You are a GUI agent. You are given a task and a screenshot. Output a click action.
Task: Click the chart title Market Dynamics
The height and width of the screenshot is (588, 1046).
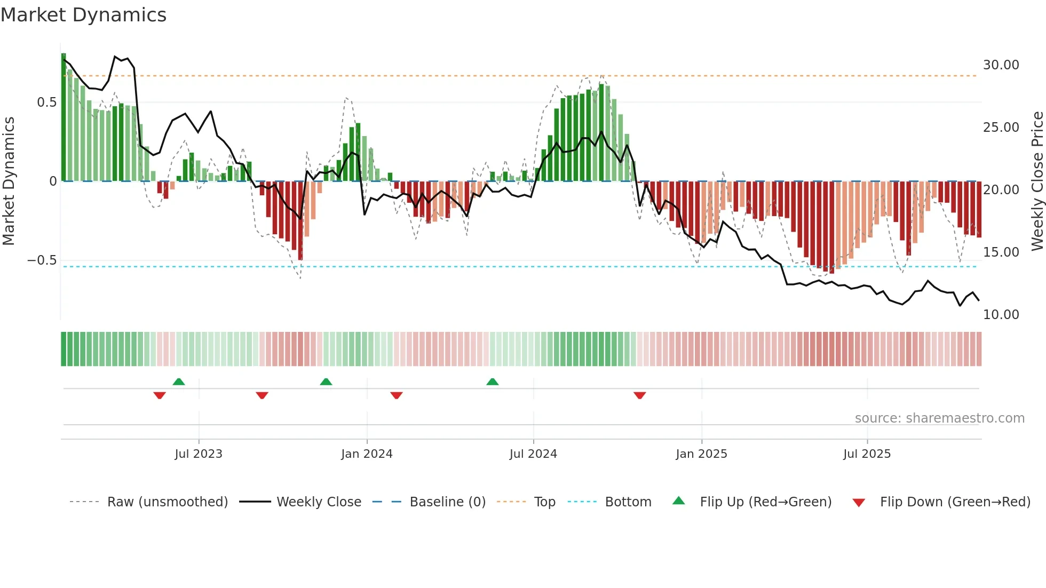click(x=83, y=15)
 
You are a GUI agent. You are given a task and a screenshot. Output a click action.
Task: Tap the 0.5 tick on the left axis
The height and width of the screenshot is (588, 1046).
click(x=46, y=102)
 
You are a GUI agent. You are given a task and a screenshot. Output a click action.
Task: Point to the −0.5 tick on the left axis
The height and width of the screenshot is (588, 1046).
click(x=42, y=260)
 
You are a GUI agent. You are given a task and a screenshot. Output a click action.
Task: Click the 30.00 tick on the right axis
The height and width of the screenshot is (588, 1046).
click(x=1001, y=65)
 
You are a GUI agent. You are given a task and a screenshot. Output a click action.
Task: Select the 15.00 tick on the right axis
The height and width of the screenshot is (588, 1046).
click(x=1001, y=252)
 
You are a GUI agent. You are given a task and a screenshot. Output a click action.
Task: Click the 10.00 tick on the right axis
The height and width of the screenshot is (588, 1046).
click(x=1001, y=315)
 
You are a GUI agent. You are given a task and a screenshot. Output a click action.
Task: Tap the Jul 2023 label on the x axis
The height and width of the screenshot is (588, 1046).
click(x=199, y=454)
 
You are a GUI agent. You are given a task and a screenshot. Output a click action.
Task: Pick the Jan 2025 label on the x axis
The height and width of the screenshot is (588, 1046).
click(x=701, y=454)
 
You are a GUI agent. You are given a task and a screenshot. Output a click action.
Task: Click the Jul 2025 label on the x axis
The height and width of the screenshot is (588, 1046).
click(x=867, y=454)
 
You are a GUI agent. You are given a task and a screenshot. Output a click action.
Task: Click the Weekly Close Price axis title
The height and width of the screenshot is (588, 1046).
click(x=1037, y=181)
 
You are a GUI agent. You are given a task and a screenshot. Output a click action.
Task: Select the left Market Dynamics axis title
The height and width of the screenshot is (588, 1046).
click(x=9, y=181)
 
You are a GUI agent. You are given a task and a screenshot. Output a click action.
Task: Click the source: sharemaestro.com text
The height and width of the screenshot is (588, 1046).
click(x=939, y=418)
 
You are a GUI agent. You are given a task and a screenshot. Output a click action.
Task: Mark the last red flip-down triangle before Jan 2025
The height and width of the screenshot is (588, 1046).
click(x=640, y=395)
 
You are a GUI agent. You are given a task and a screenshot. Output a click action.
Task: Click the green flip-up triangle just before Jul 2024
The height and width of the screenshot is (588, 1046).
click(x=493, y=382)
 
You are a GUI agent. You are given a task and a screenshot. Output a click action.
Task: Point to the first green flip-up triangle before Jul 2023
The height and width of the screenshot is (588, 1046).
click(x=179, y=382)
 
